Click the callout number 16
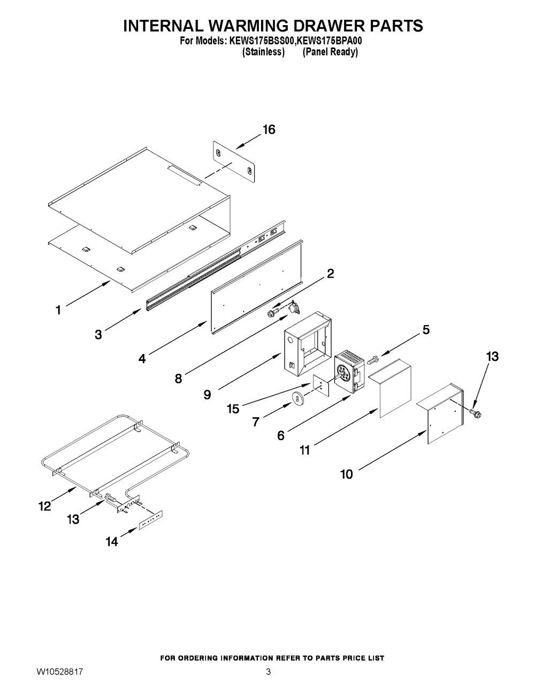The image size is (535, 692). [x=269, y=129]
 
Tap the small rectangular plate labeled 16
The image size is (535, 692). [x=234, y=161]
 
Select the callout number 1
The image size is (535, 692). [x=58, y=310]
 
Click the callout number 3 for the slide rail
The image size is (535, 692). [x=98, y=335]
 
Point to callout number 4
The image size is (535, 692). [x=142, y=359]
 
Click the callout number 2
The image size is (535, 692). [x=330, y=274]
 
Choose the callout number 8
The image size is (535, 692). [x=178, y=379]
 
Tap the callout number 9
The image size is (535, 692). [x=207, y=395]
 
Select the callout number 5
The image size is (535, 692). [x=426, y=330]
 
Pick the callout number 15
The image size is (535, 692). [x=232, y=408]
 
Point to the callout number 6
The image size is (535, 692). [x=280, y=436]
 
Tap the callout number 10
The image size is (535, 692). [x=347, y=474]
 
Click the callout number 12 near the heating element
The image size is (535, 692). [x=45, y=506]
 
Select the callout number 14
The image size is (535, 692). [x=111, y=541]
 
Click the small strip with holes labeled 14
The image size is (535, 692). [x=151, y=519]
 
